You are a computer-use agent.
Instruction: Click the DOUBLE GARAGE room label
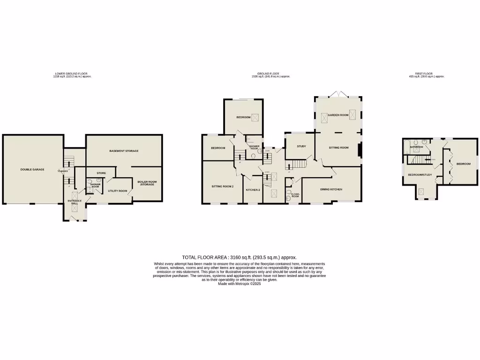(x=32, y=169)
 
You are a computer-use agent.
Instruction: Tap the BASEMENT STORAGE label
(x=124, y=151)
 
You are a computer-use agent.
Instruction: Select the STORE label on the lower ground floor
(x=101, y=173)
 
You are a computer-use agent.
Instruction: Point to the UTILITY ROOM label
(x=118, y=191)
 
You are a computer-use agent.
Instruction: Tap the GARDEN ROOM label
(x=338, y=115)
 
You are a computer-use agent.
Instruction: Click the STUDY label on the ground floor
(x=301, y=146)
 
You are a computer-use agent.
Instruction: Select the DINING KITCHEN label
(x=331, y=189)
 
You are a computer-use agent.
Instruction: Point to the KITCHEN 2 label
(x=253, y=190)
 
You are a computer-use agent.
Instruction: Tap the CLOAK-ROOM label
(x=295, y=195)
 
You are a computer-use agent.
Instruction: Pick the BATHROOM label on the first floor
(x=417, y=147)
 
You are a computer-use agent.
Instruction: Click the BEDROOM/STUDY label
(x=420, y=175)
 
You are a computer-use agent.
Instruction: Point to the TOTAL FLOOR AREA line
(x=240, y=257)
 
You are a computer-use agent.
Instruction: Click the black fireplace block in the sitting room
(x=360, y=150)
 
